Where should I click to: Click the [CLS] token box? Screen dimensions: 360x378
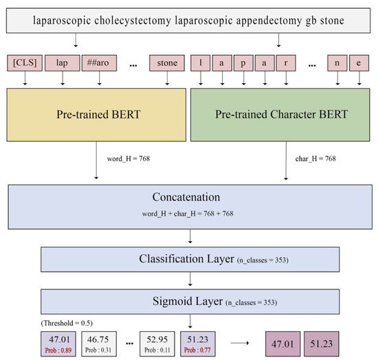pos(23,64)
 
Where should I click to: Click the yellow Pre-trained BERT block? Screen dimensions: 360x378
pos(96,114)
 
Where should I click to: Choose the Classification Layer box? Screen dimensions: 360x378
pos(189,260)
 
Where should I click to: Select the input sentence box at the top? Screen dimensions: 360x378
pos(189,21)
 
